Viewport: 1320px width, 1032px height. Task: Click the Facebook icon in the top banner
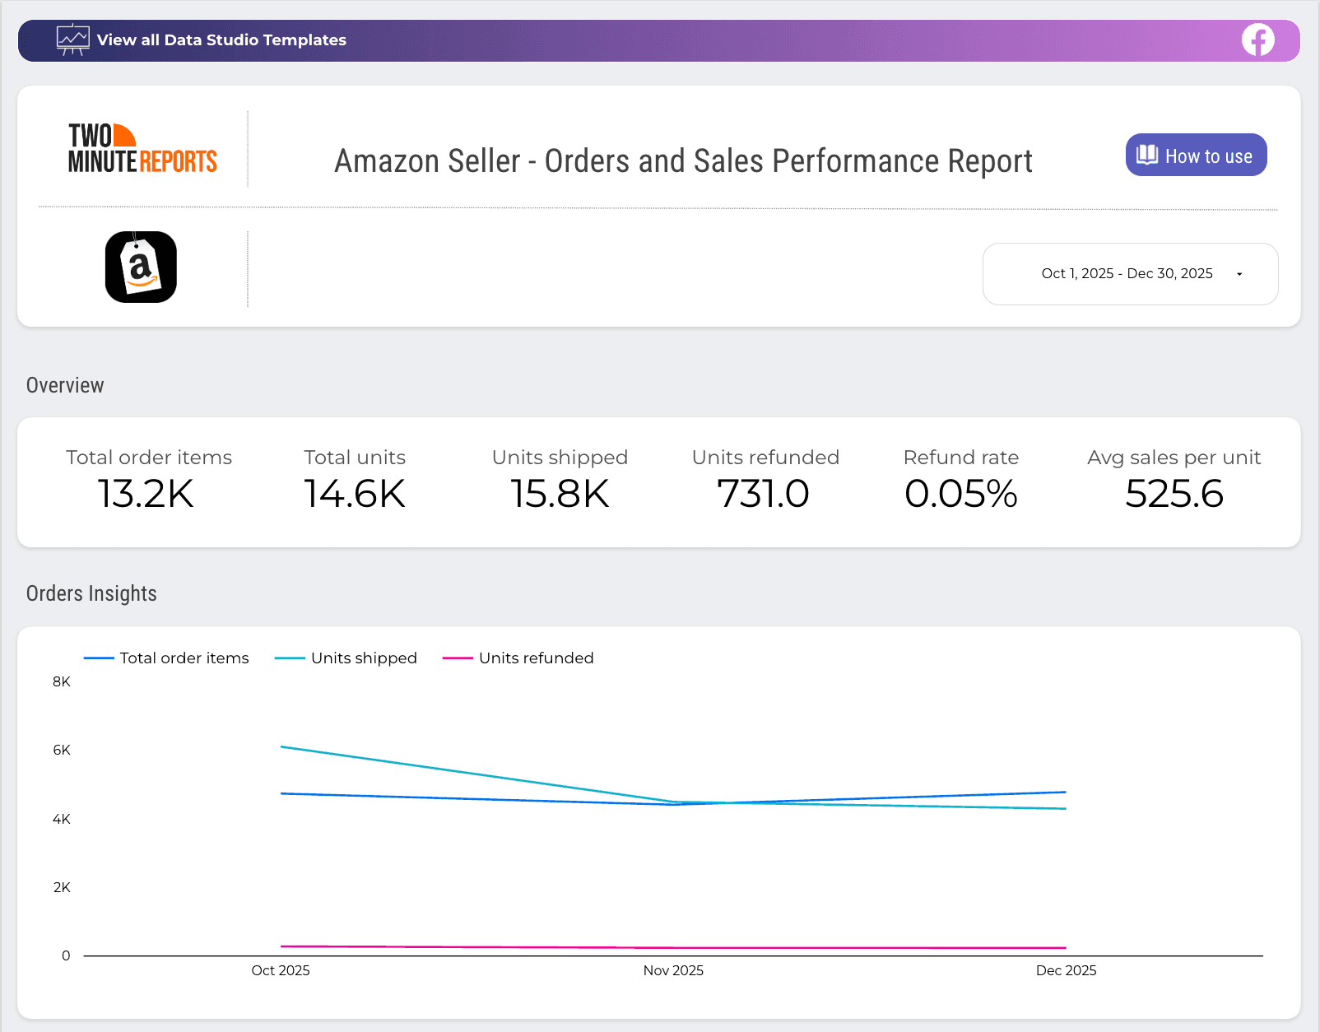[x=1257, y=40]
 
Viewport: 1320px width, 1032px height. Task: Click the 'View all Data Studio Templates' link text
[x=221, y=40]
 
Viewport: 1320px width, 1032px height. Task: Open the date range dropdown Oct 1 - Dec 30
[x=1130, y=273]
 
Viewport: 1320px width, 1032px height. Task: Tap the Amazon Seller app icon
[x=141, y=267]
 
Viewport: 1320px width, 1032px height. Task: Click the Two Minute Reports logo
[x=142, y=149]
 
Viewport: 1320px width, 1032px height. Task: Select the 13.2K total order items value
[x=146, y=494]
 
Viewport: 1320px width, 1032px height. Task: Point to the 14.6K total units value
[x=355, y=494]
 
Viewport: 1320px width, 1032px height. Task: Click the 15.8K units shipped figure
[x=560, y=494]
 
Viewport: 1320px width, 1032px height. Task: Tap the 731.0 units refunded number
[x=764, y=494]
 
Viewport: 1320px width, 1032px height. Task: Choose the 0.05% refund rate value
[x=960, y=494]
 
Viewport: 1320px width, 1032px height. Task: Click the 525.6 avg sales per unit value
[x=1174, y=494]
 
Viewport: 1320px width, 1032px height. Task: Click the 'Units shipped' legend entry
[x=363, y=658]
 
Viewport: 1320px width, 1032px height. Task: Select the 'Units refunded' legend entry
[x=535, y=658]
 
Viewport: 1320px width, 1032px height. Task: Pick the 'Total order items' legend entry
[x=184, y=658]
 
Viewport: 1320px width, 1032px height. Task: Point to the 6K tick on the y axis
[x=62, y=750]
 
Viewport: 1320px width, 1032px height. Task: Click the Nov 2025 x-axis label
[x=673, y=970]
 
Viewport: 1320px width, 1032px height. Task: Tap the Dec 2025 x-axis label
[x=1066, y=970]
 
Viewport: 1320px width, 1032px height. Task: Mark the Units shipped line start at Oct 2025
[x=281, y=746]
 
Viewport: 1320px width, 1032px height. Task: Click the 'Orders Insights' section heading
[x=91, y=593]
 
